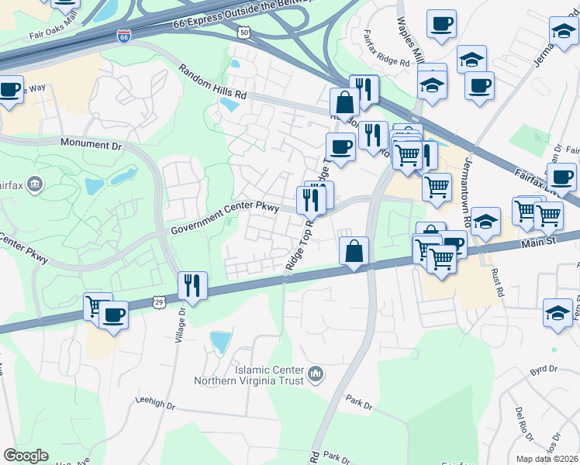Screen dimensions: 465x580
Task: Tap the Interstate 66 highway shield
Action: [123, 36]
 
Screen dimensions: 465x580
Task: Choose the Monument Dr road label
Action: [91, 144]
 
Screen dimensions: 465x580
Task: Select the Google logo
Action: [26, 456]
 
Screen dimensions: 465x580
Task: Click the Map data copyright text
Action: [547, 459]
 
